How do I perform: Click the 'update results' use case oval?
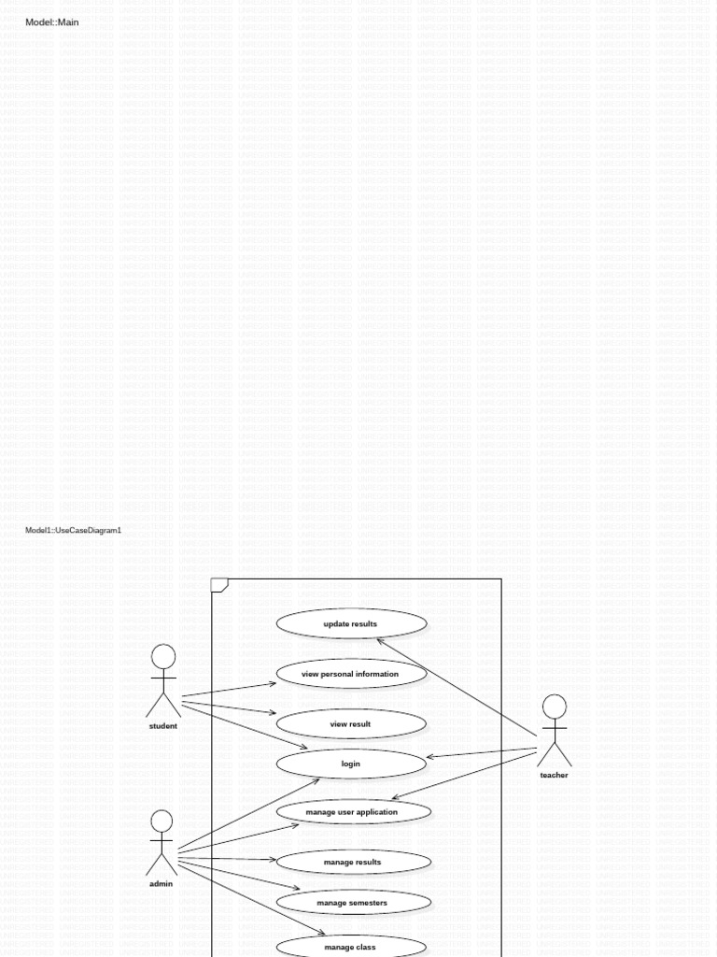pos(351,623)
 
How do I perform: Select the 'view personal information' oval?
pos(351,674)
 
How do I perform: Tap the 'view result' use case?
pos(351,724)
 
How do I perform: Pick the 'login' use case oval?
pos(351,764)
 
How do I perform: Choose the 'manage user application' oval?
pos(353,812)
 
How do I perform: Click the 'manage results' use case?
pos(353,862)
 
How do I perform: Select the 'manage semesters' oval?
pos(353,903)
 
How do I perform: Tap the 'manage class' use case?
pos(351,947)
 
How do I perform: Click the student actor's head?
pos(163,656)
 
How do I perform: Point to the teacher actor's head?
pos(555,707)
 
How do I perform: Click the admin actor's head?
pos(162,821)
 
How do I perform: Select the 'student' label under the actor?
pos(163,726)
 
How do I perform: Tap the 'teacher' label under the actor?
pos(554,775)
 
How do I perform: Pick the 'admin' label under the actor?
pos(162,883)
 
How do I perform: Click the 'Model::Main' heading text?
pos(52,22)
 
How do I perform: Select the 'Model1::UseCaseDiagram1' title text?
pos(73,531)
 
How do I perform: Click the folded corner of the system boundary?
pos(219,586)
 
